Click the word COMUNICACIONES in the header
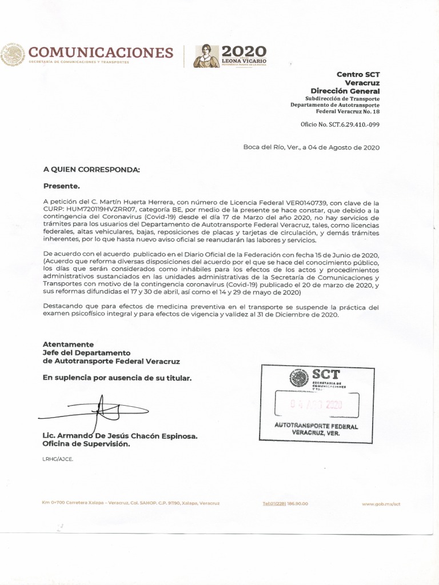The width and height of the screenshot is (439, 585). [x=101, y=53]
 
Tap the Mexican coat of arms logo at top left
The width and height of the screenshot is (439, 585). [x=13, y=55]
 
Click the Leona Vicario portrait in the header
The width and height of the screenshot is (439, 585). [x=206, y=55]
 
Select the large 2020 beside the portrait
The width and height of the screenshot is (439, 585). [x=244, y=51]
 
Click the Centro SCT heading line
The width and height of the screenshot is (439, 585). [x=358, y=74]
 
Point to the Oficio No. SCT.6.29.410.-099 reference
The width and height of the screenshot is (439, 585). [x=340, y=123]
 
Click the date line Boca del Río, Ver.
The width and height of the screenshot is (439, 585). [x=311, y=147]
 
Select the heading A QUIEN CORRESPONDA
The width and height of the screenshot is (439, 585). [x=91, y=170]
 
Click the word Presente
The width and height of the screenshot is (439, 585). [x=62, y=186]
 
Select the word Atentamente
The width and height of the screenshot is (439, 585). [x=68, y=344]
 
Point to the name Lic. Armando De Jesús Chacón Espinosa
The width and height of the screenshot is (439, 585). [x=120, y=436]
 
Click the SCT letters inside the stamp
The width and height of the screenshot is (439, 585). [x=326, y=375]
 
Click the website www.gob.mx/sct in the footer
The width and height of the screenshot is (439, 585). [x=381, y=504]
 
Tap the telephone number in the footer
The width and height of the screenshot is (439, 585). [x=285, y=504]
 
